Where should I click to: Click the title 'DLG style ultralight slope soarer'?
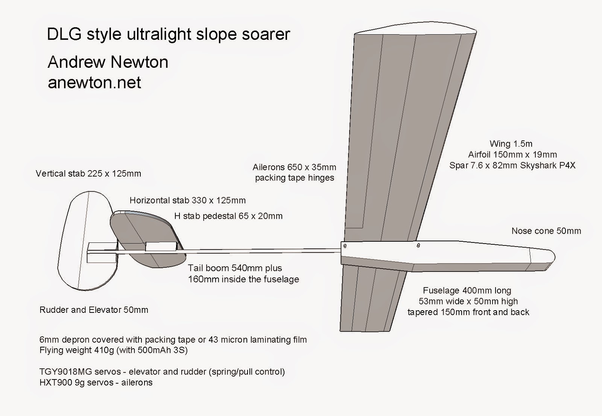pyautogui.click(x=168, y=34)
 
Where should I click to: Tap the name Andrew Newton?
pyautogui.click(x=108, y=62)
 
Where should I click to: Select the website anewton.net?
pyautogui.click(x=94, y=82)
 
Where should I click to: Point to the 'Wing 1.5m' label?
pyautogui.click(x=511, y=143)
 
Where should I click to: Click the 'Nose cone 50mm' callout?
pyautogui.click(x=546, y=231)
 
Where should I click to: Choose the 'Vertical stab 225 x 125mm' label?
pyautogui.click(x=88, y=174)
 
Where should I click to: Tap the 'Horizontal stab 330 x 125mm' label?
pyautogui.click(x=187, y=200)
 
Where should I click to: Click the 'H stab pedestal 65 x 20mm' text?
pyautogui.click(x=228, y=216)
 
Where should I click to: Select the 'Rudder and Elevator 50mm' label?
pyautogui.click(x=94, y=310)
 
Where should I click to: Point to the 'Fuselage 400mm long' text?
pyautogui.click(x=467, y=290)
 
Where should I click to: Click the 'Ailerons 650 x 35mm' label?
pyautogui.click(x=294, y=167)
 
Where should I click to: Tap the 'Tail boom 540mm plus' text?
pyautogui.click(x=235, y=268)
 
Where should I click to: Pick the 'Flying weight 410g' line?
pyautogui.click(x=113, y=350)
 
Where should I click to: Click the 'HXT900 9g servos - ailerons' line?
pyautogui.click(x=96, y=382)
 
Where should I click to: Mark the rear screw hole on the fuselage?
pyautogui.click(x=345, y=246)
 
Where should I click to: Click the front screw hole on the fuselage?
pyautogui.click(x=418, y=246)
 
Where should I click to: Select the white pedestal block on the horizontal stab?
pyautogui.click(x=161, y=246)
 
